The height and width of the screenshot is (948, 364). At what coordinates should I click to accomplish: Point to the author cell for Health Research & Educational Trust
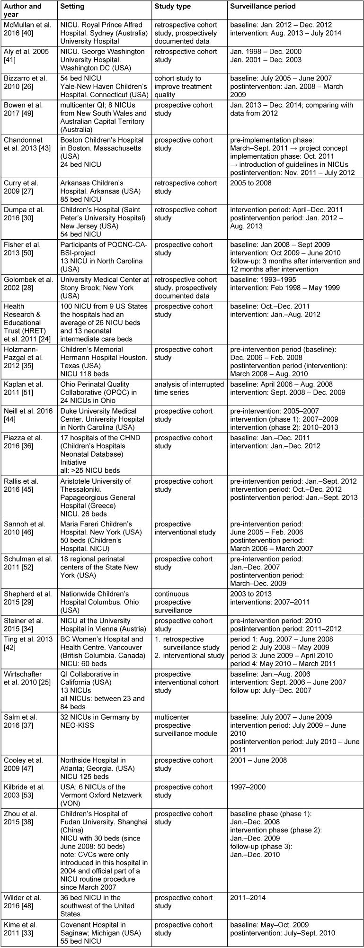[28, 323]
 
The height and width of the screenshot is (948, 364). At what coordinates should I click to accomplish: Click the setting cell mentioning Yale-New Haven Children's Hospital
[105, 87]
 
